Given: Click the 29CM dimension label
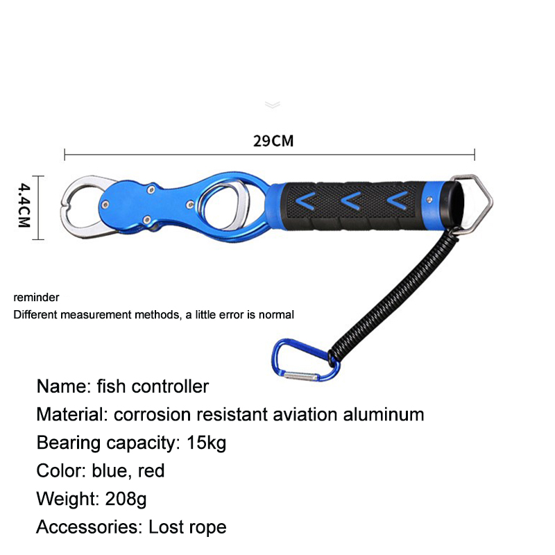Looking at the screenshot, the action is click(x=273, y=141).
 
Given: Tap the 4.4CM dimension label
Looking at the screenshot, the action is click(x=24, y=205).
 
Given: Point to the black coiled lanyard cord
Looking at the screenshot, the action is click(x=393, y=296).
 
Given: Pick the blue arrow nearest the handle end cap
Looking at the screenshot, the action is click(x=398, y=200).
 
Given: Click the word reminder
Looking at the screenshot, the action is click(x=36, y=298).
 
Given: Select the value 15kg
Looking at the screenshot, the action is click(x=206, y=443).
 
